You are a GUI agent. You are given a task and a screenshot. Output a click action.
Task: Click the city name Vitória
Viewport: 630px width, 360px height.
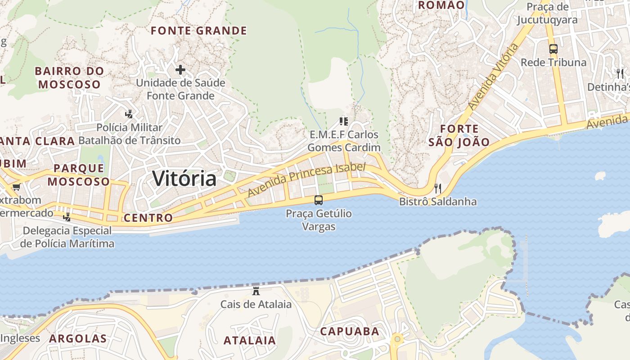(x=184, y=179)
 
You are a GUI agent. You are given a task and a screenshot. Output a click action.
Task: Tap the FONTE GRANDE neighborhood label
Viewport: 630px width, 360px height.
(x=199, y=31)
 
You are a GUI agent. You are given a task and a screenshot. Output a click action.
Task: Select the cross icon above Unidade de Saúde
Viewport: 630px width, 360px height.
(x=180, y=70)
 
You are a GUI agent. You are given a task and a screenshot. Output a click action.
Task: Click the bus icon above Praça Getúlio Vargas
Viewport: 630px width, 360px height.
(x=319, y=200)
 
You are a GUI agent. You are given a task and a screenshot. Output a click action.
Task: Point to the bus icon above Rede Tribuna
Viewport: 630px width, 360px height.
(x=553, y=49)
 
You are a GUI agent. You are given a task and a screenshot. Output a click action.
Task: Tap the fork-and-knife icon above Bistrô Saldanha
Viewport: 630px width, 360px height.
(x=438, y=188)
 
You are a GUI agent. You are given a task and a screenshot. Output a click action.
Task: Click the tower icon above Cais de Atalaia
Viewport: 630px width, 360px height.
(x=256, y=291)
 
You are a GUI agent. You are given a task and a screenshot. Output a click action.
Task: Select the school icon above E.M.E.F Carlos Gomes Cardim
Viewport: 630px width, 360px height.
(x=344, y=121)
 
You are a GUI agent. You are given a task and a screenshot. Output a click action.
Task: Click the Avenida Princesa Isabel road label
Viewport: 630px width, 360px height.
(x=306, y=180)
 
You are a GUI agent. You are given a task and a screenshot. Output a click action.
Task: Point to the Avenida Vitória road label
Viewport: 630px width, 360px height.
(x=493, y=77)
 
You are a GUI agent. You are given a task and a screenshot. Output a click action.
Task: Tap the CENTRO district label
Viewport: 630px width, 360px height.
(x=148, y=218)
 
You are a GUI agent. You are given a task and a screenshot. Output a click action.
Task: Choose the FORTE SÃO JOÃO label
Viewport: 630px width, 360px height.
(x=459, y=135)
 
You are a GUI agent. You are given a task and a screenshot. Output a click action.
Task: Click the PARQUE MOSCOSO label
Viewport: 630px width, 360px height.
(x=79, y=175)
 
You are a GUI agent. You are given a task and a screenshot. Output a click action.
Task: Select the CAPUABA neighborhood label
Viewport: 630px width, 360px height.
(x=350, y=332)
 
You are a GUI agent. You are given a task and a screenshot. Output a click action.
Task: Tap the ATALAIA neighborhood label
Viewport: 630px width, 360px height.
(x=250, y=340)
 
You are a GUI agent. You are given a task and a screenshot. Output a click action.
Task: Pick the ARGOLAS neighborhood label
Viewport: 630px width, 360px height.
(x=78, y=338)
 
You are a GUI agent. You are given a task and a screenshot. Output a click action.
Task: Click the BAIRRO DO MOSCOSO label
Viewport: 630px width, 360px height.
(x=69, y=77)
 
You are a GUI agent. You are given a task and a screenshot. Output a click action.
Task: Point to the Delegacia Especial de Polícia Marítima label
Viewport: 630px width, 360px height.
(x=67, y=237)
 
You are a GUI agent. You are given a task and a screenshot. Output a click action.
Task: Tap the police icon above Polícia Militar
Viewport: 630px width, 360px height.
(x=129, y=114)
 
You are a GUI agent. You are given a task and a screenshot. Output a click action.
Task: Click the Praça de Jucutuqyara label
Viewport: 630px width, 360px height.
(x=547, y=13)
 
